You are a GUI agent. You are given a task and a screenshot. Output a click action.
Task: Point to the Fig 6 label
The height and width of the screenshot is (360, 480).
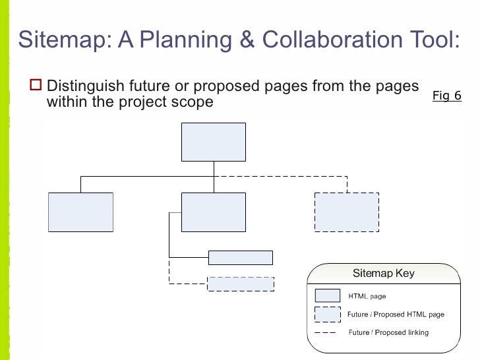coord(446,96)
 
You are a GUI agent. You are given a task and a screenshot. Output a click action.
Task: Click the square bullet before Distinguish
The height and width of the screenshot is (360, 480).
coord(36,86)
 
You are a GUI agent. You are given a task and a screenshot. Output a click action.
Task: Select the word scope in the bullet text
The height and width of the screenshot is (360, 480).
coord(193,102)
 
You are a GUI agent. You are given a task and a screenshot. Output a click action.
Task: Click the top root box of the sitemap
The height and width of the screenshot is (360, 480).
coord(213,142)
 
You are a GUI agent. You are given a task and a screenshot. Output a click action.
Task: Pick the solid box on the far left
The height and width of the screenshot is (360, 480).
coord(80,212)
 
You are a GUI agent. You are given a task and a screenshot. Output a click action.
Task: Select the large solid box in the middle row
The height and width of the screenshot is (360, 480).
coord(213,212)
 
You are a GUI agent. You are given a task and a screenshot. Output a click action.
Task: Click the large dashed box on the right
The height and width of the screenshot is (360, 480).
coord(346,212)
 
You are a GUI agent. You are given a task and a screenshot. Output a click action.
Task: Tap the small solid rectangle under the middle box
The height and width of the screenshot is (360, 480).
coord(240,257)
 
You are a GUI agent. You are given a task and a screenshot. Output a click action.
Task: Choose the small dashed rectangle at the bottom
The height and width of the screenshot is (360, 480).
coord(240,284)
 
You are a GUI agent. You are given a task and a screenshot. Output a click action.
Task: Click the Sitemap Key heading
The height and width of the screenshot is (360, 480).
coord(383,273)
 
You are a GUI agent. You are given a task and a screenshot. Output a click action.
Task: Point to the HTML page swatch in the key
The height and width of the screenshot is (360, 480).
coord(328,296)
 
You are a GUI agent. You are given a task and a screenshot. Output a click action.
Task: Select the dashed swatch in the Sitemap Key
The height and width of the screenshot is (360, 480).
coord(328,315)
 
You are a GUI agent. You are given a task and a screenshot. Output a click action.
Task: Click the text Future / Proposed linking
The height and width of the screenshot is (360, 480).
coord(388,332)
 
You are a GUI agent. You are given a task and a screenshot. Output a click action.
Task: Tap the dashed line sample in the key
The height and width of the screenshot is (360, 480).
coord(327,332)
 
